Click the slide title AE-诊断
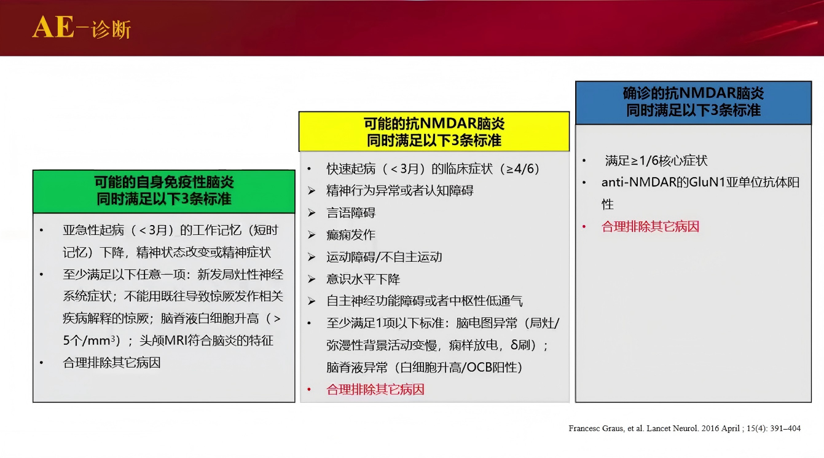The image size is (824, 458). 81,28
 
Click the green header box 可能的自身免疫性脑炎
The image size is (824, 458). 163,191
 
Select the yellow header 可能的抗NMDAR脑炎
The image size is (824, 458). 434,132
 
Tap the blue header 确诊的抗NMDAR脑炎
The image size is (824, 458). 693,102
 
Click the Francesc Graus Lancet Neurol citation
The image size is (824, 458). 685,428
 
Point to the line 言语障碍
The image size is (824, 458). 350,213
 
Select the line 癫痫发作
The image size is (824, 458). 350,235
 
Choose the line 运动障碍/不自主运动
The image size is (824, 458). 384,257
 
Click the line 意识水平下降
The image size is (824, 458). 363,279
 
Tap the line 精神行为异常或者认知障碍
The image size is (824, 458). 399,191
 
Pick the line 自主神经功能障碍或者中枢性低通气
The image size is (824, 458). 424,301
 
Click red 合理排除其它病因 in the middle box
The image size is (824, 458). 375,389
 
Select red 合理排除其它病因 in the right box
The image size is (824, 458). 650,226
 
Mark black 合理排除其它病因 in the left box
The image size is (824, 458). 111,363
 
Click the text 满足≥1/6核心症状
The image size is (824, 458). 656,161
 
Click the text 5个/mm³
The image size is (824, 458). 90,341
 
